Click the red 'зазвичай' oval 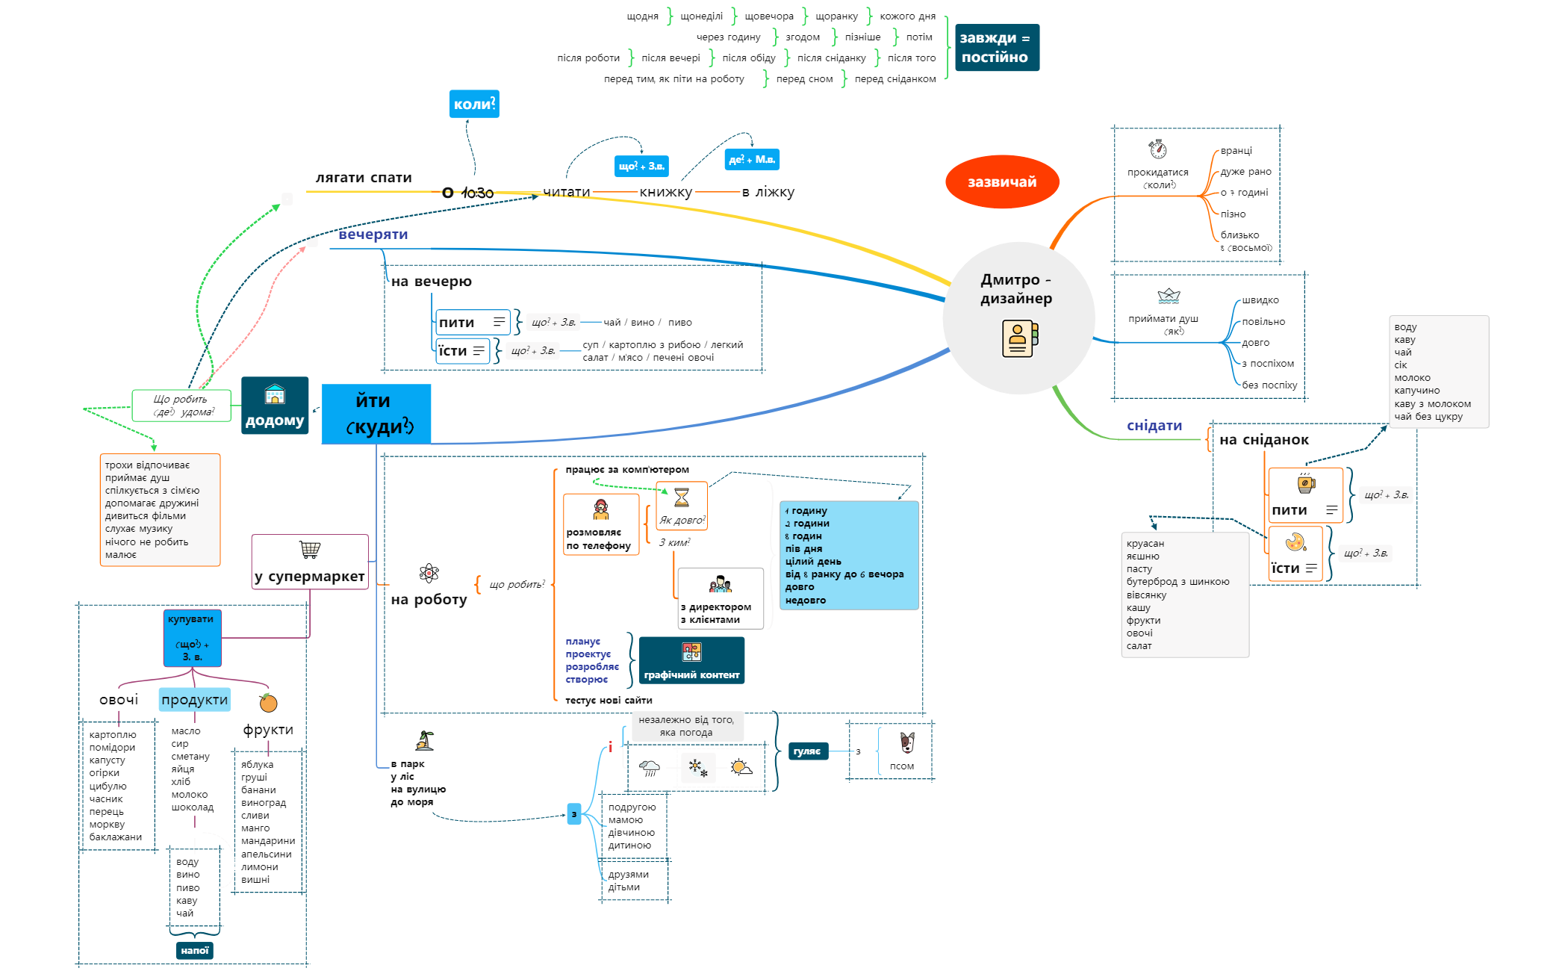click(x=1001, y=182)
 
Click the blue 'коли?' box click(x=474, y=104)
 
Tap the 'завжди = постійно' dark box click(x=996, y=47)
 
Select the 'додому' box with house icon click(x=275, y=406)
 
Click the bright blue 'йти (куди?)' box click(x=376, y=414)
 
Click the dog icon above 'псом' click(x=906, y=742)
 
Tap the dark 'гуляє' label click(x=807, y=751)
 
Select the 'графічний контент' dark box click(x=691, y=660)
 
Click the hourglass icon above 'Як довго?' click(x=682, y=497)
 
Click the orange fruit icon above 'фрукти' click(x=268, y=703)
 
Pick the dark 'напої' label click(x=194, y=950)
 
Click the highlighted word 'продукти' click(x=194, y=700)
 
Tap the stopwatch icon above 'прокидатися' click(x=1157, y=149)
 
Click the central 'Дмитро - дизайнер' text click(x=1016, y=289)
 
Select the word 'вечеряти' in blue click(x=373, y=235)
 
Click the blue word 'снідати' click(x=1154, y=426)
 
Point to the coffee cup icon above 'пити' click(x=1305, y=483)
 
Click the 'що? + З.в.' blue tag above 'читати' click(x=641, y=166)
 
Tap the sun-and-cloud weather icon click(x=741, y=767)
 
